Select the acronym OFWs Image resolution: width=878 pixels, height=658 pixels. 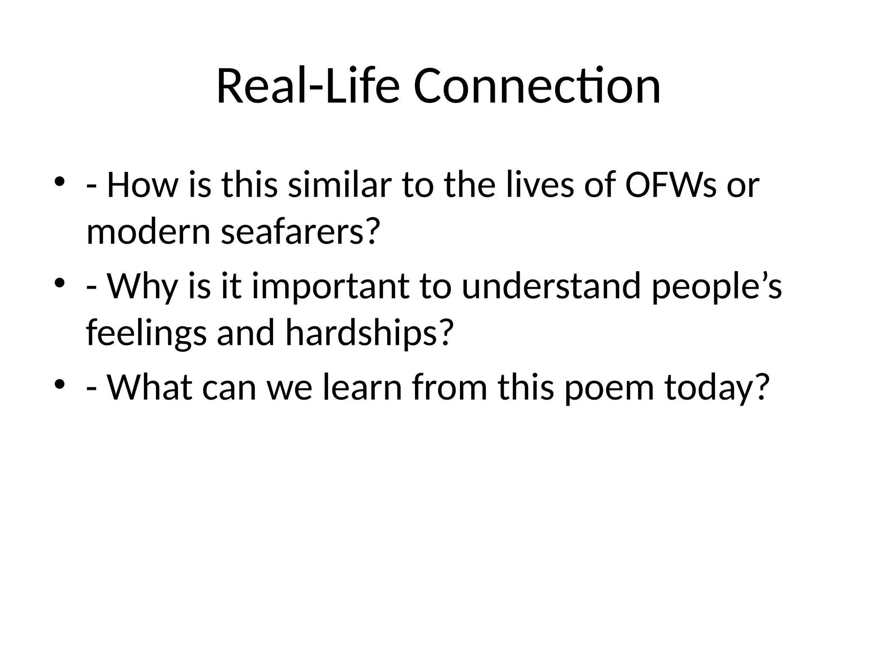tap(671, 185)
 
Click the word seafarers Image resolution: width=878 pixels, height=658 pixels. tap(300, 233)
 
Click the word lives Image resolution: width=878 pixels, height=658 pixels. tap(540, 185)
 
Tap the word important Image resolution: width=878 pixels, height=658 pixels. tap(331, 286)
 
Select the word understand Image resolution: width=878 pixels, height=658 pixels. tap(551, 286)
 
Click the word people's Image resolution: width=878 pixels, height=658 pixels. tap(716, 286)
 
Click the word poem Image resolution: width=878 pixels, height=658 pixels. tap(609, 387)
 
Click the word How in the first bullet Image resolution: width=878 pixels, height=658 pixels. tap(141, 185)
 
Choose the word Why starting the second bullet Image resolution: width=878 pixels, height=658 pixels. tap(141, 286)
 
